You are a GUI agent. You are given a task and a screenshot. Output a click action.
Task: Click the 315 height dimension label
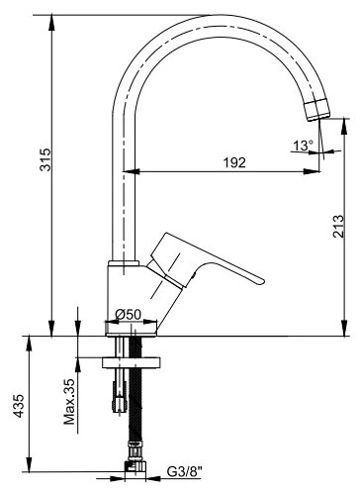45,159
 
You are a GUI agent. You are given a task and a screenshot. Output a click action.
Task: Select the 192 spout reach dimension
234,162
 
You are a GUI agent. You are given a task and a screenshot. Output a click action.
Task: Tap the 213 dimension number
338,226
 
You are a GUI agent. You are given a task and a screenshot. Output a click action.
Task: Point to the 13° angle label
303,146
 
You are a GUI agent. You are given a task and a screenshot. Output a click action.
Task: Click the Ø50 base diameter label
129,314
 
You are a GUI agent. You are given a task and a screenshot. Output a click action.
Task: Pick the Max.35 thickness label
69,401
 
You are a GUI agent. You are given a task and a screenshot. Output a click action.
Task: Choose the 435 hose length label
19,406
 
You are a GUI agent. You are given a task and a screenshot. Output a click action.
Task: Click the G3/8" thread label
184,472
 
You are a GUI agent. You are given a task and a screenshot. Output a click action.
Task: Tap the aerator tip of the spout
317,110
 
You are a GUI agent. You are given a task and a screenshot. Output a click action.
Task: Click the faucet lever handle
205,260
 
